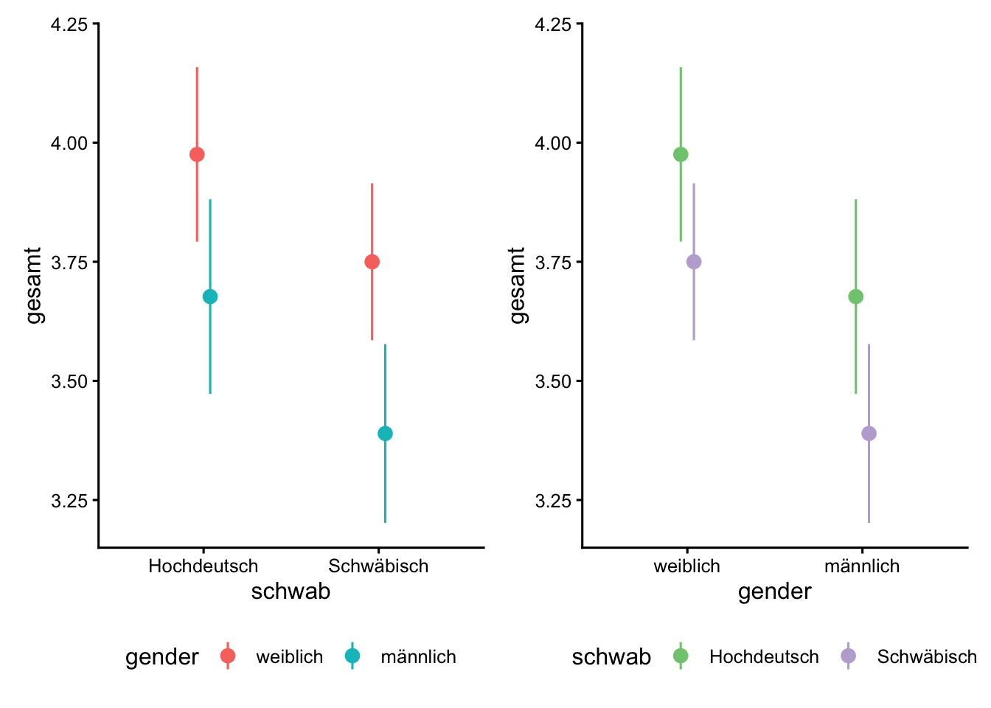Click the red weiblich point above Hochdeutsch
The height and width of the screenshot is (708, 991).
(197, 154)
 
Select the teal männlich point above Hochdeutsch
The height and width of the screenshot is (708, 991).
(210, 296)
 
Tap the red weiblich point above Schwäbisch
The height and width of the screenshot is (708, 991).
(372, 262)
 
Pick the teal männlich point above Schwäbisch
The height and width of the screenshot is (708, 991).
(385, 434)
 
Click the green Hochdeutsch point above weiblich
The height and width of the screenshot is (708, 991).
(681, 154)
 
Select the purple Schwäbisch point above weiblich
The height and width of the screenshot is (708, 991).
(694, 262)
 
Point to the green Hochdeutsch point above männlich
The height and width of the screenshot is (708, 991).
(856, 296)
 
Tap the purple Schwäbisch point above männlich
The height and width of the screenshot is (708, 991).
(869, 434)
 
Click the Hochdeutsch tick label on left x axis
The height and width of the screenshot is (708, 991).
(203, 566)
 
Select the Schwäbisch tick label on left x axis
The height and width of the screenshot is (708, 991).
(378, 566)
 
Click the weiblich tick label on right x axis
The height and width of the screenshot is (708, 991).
(686, 566)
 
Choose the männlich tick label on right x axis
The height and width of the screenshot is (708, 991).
(862, 566)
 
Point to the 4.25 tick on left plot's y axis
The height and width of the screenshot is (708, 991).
(69, 24)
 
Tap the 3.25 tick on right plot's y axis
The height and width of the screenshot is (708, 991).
(553, 501)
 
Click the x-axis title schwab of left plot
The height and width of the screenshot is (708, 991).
(291, 591)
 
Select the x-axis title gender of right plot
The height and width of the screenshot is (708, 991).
(774, 591)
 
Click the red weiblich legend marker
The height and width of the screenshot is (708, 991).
(228, 656)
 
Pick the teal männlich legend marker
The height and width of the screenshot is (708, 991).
(352, 656)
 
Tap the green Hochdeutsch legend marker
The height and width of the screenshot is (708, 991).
(681, 656)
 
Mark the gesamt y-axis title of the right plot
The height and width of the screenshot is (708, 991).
(518, 285)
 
